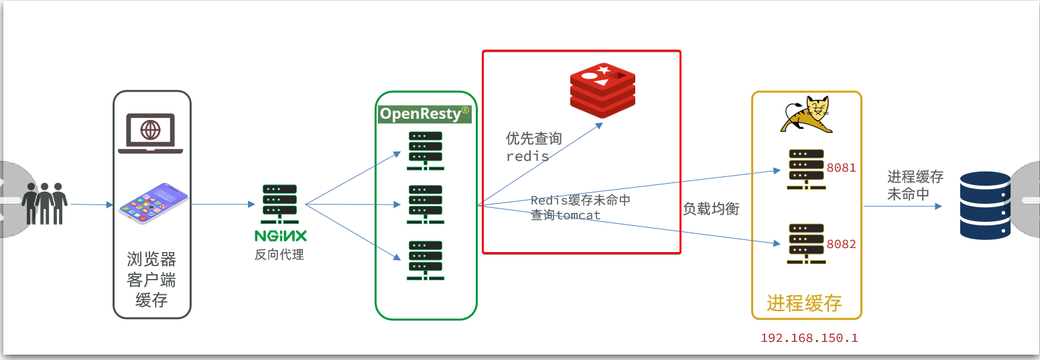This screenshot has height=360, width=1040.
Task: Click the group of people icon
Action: [x=45, y=203]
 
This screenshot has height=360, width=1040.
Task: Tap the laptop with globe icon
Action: [x=150, y=133]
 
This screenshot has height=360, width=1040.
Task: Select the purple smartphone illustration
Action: [x=153, y=203]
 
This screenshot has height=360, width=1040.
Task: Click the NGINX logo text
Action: [x=280, y=236]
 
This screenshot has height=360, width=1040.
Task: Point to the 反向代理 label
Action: [x=279, y=255]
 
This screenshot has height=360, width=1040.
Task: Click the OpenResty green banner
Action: [x=425, y=114]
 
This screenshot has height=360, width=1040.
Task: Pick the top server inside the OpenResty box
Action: [x=426, y=151]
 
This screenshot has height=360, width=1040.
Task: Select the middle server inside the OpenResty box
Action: [x=426, y=204]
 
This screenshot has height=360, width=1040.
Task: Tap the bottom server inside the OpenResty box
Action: [x=426, y=260]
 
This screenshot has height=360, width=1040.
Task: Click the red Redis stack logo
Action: [x=602, y=91]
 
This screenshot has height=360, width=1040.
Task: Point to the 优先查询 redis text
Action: [x=533, y=147]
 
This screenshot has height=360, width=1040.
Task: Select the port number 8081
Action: [x=841, y=168]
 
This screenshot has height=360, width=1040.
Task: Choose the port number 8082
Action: [x=841, y=244]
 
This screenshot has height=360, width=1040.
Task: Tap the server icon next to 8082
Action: [x=806, y=244]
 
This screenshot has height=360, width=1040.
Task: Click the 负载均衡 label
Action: [x=711, y=209]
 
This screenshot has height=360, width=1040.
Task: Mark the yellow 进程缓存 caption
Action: [x=804, y=303]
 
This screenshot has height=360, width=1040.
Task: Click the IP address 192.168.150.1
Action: [x=809, y=338]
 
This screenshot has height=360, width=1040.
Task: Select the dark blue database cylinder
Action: [x=985, y=205]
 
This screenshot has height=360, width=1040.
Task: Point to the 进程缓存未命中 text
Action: [x=915, y=185]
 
